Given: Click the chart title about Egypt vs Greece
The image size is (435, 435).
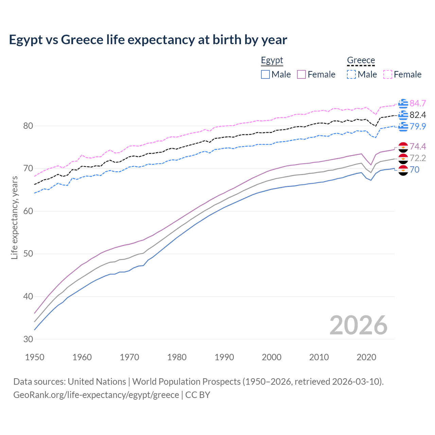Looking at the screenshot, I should (x=148, y=40).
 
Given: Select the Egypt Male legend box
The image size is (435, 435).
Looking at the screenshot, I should (x=265, y=74).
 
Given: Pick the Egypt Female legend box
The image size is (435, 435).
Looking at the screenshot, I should (x=301, y=74).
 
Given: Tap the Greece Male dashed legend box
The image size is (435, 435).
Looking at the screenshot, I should (x=351, y=74).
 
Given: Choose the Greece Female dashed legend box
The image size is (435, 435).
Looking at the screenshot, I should (x=388, y=74).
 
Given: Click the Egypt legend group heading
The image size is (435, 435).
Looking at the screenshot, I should (x=272, y=60).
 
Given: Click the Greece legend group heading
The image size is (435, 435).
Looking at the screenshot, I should (x=361, y=60).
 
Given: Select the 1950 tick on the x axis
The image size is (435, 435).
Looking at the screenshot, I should (x=35, y=357).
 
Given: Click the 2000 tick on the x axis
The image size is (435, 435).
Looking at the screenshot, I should (x=272, y=357).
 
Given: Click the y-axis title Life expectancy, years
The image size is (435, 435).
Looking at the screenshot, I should (x=14, y=217).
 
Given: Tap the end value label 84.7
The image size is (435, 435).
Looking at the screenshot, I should (x=418, y=103).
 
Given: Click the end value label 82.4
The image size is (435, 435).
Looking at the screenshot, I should (x=418, y=115).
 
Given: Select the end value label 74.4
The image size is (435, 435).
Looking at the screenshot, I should (x=418, y=146).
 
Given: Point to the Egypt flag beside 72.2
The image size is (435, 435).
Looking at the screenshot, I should (x=403, y=158).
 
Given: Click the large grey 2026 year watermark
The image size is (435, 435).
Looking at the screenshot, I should (x=358, y=325).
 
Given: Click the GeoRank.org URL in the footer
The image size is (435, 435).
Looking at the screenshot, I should (x=96, y=395).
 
